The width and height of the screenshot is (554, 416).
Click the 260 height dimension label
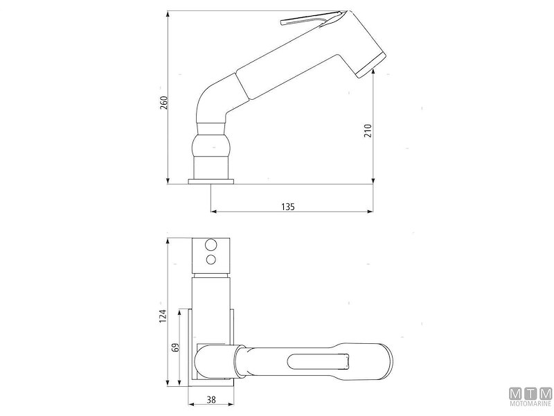164,102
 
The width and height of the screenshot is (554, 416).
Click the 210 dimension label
368,131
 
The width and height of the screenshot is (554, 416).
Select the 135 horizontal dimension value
288,206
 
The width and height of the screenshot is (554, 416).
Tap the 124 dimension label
163,315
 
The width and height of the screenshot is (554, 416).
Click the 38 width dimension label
211,400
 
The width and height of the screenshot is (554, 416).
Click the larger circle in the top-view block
211,245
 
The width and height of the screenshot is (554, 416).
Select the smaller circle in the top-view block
211,259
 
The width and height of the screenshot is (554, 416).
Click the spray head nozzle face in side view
370,64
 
